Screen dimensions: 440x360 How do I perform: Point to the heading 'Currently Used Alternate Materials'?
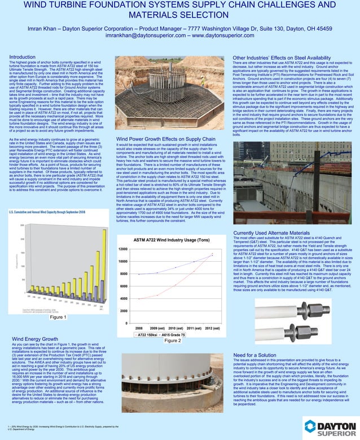tap(273, 233)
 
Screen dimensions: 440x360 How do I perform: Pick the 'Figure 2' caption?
tap(172, 340)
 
